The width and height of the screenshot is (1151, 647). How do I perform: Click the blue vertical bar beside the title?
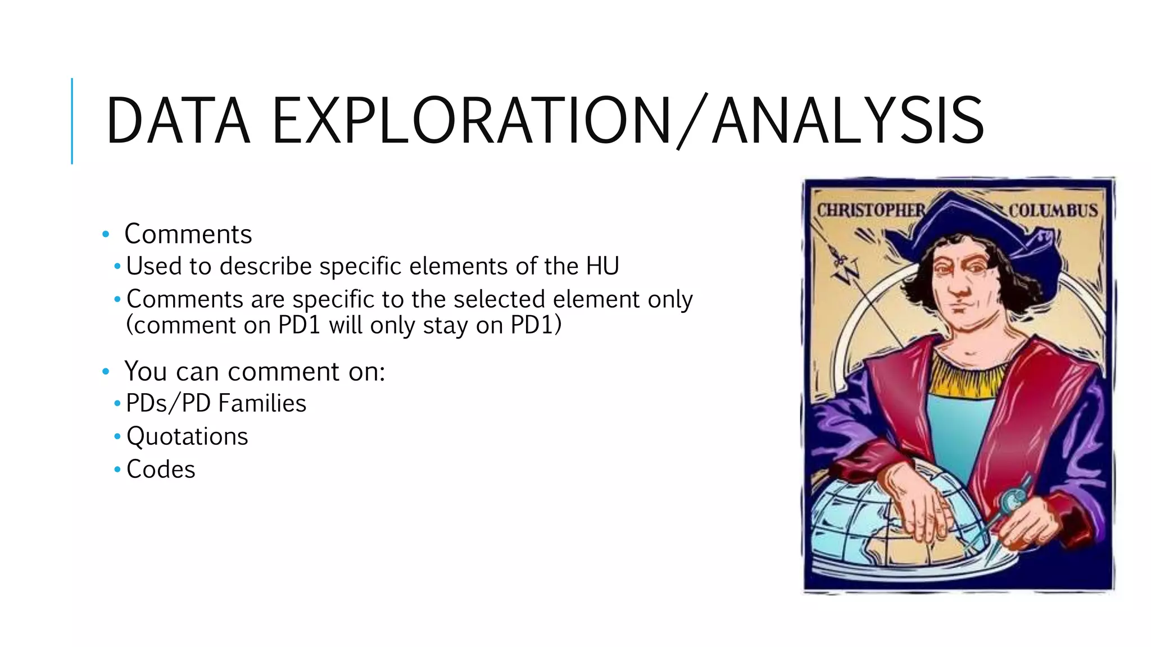click(x=72, y=121)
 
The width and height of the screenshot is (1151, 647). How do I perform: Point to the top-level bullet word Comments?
click(x=188, y=234)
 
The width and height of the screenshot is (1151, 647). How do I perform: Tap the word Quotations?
click(x=187, y=436)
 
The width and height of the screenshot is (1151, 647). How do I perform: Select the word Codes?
click(x=161, y=470)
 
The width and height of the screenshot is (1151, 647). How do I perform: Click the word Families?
click(x=262, y=403)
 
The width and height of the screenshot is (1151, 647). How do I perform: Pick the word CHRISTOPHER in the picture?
click(x=871, y=211)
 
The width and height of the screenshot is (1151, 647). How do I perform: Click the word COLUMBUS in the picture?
click(x=1053, y=211)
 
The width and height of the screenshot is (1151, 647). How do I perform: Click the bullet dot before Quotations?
click(x=117, y=436)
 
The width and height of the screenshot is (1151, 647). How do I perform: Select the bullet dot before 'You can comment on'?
click(x=105, y=371)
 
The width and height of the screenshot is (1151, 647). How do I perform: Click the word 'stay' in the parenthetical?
click(x=445, y=326)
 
